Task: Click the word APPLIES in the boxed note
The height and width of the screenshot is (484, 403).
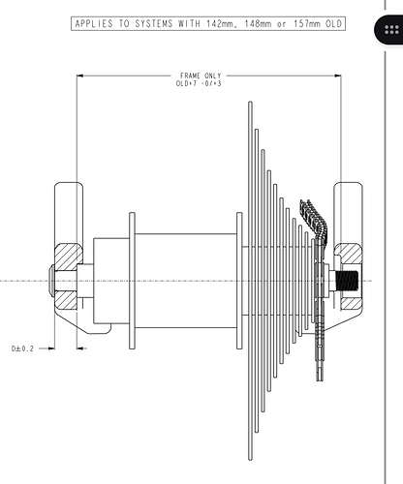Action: tap(94, 24)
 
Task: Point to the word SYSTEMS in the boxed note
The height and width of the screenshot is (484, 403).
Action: tap(154, 24)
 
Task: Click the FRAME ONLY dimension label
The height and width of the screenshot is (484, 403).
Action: tap(201, 76)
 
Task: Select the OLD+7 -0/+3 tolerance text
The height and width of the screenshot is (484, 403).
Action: tap(199, 83)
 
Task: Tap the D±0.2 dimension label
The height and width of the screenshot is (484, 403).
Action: tap(22, 348)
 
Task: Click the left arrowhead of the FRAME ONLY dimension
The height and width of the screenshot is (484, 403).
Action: tap(79, 76)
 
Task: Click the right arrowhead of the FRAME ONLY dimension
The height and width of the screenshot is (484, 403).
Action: tap(338, 76)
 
